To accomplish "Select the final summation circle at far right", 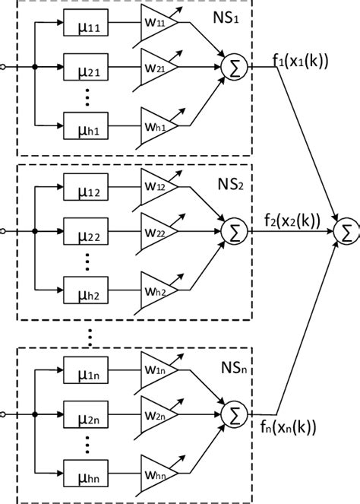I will (x=346, y=232).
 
